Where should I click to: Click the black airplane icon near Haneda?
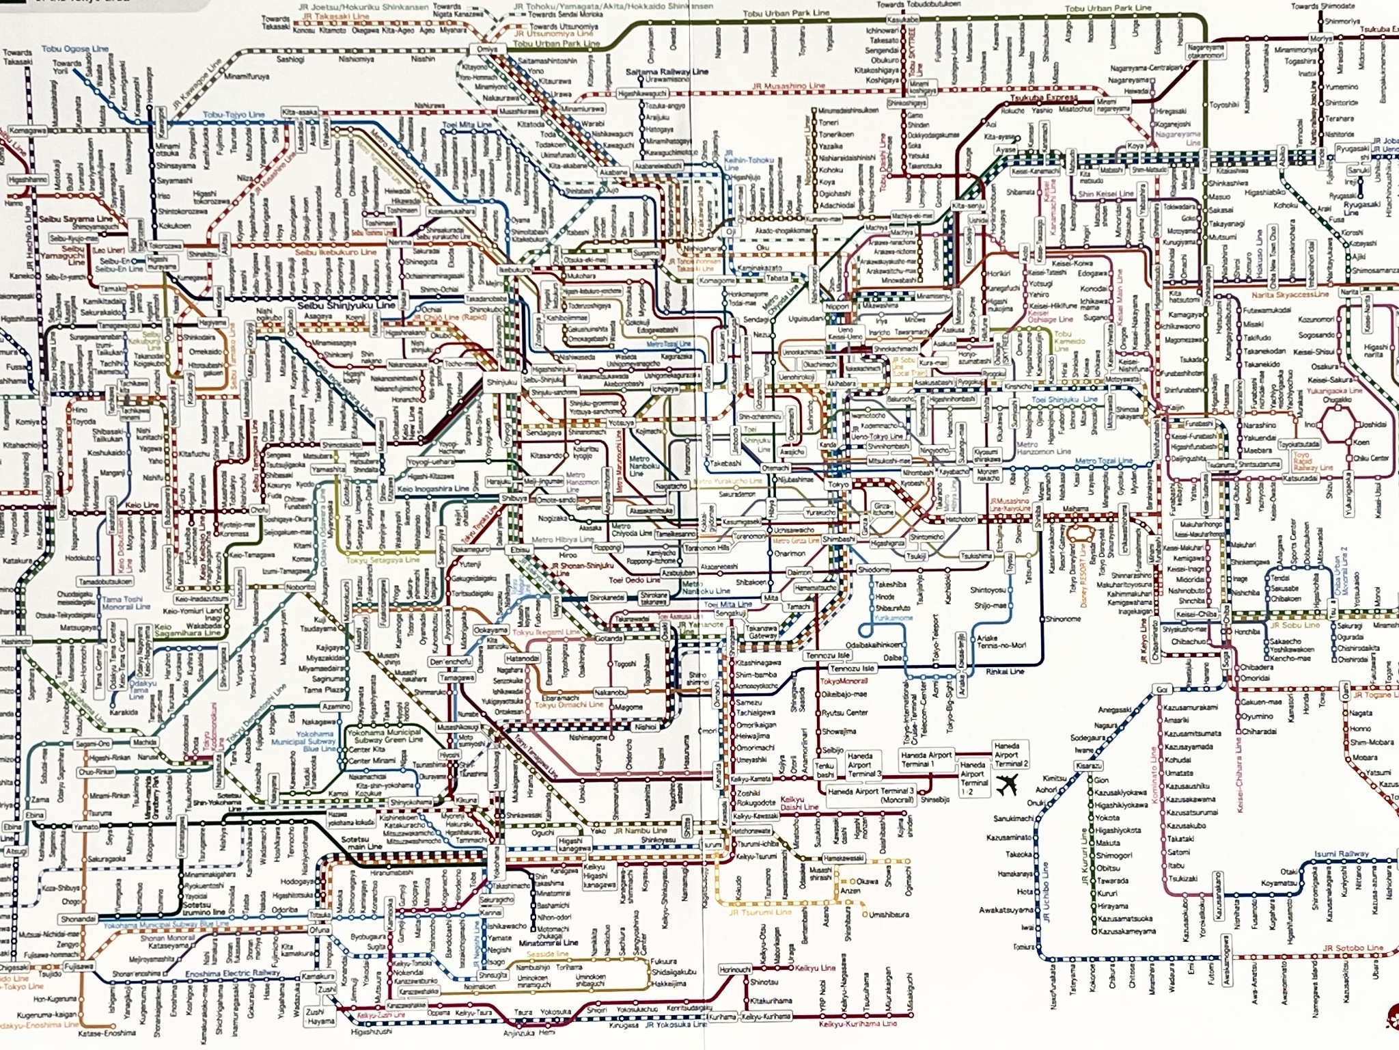click(x=1006, y=787)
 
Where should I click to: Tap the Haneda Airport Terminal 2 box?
click(x=1011, y=754)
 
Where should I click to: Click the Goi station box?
click(x=1162, y=688)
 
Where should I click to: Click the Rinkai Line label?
click(x=1005, y=671)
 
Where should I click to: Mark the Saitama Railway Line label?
click(x=667, y=72)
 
